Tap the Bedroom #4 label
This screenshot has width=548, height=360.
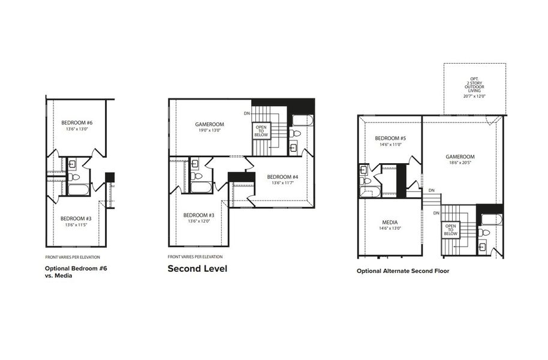283,176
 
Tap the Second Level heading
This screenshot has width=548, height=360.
197,268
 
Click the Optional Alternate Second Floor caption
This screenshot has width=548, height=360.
403,271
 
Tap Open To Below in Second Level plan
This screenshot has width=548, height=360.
261,130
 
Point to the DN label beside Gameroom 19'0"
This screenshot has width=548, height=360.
247,113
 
